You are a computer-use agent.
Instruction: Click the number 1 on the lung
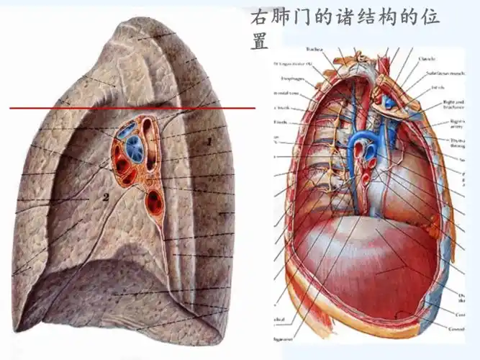click(209, 142)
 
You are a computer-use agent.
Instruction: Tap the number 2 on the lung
click(105, 196)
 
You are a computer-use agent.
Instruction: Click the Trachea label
click(314, 50)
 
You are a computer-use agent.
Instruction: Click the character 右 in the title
click(258, 17)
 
